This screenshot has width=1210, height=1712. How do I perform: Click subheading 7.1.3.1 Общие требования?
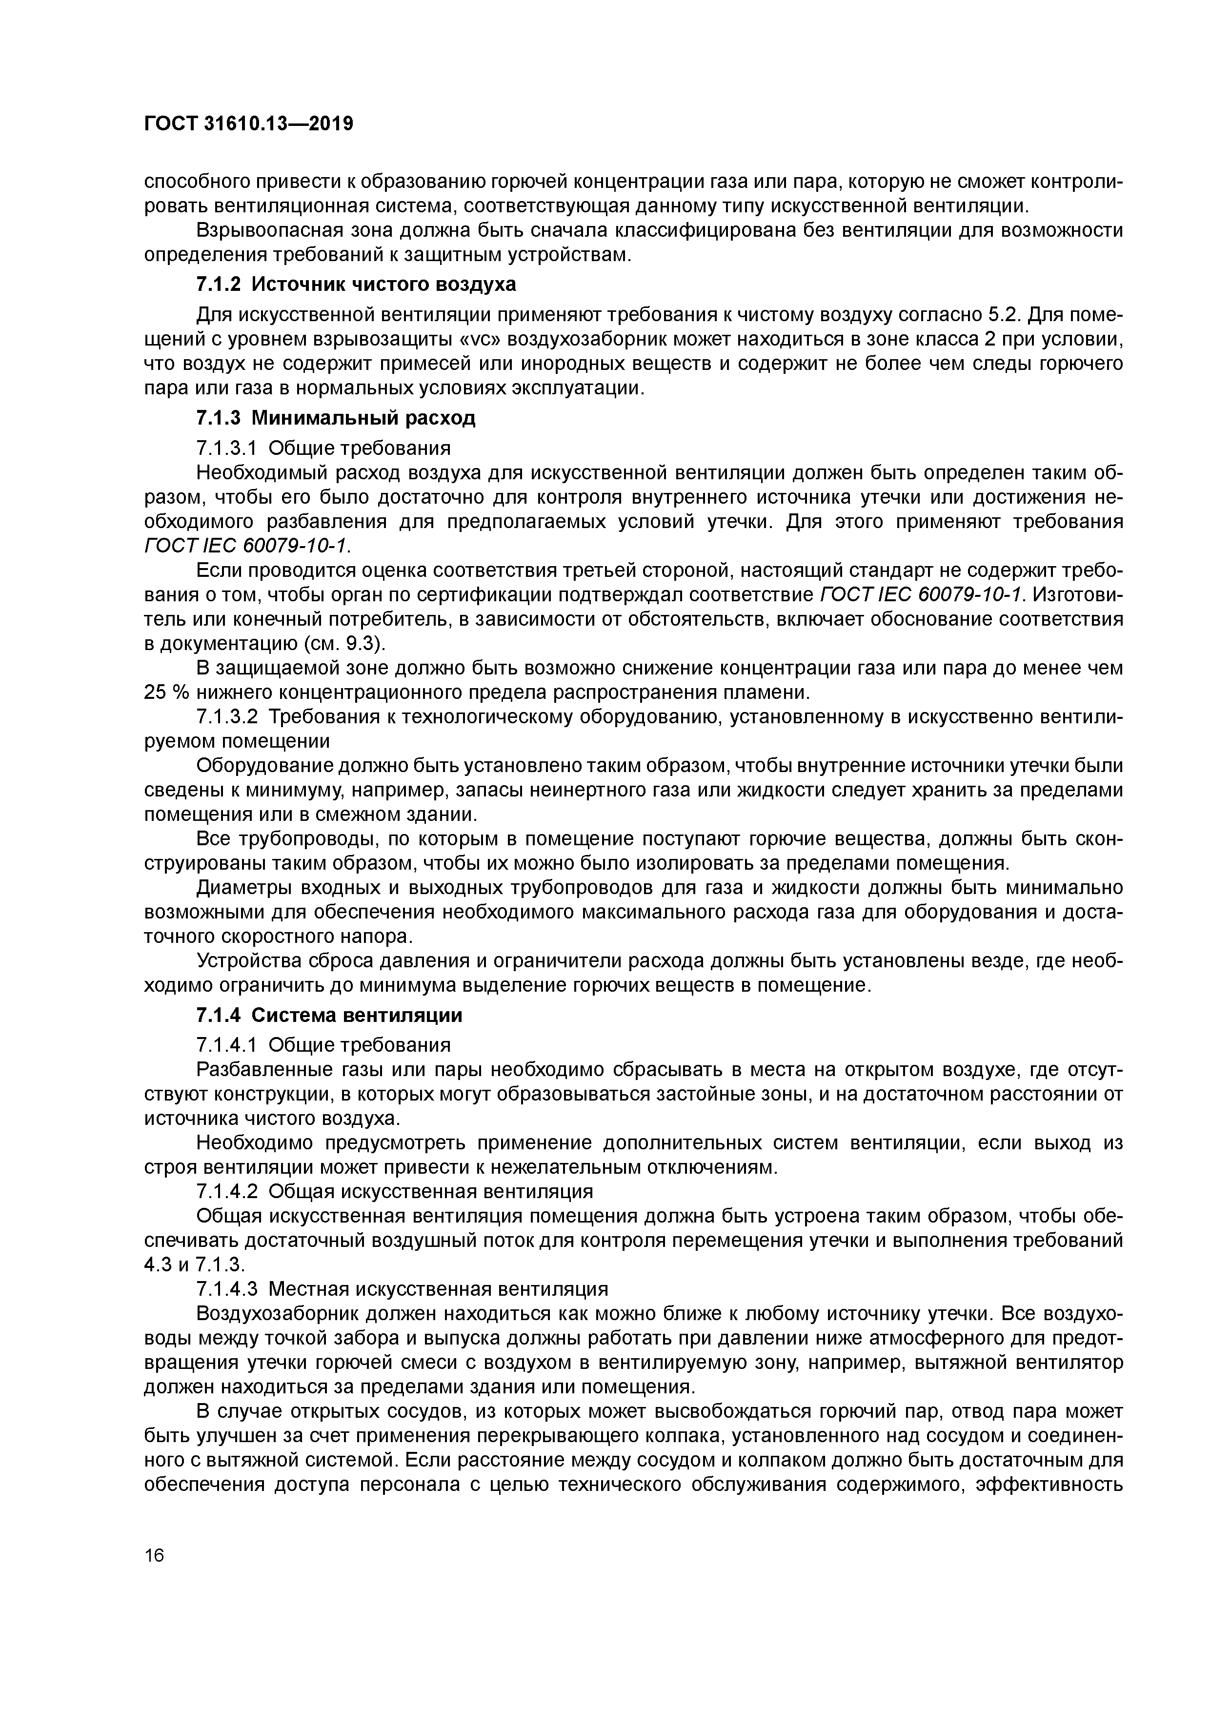(323, 448)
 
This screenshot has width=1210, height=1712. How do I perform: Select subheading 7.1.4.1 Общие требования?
(323, 1044)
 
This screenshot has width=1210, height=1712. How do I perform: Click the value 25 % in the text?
(167, 692)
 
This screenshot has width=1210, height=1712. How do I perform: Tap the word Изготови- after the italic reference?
(1080, 594)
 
